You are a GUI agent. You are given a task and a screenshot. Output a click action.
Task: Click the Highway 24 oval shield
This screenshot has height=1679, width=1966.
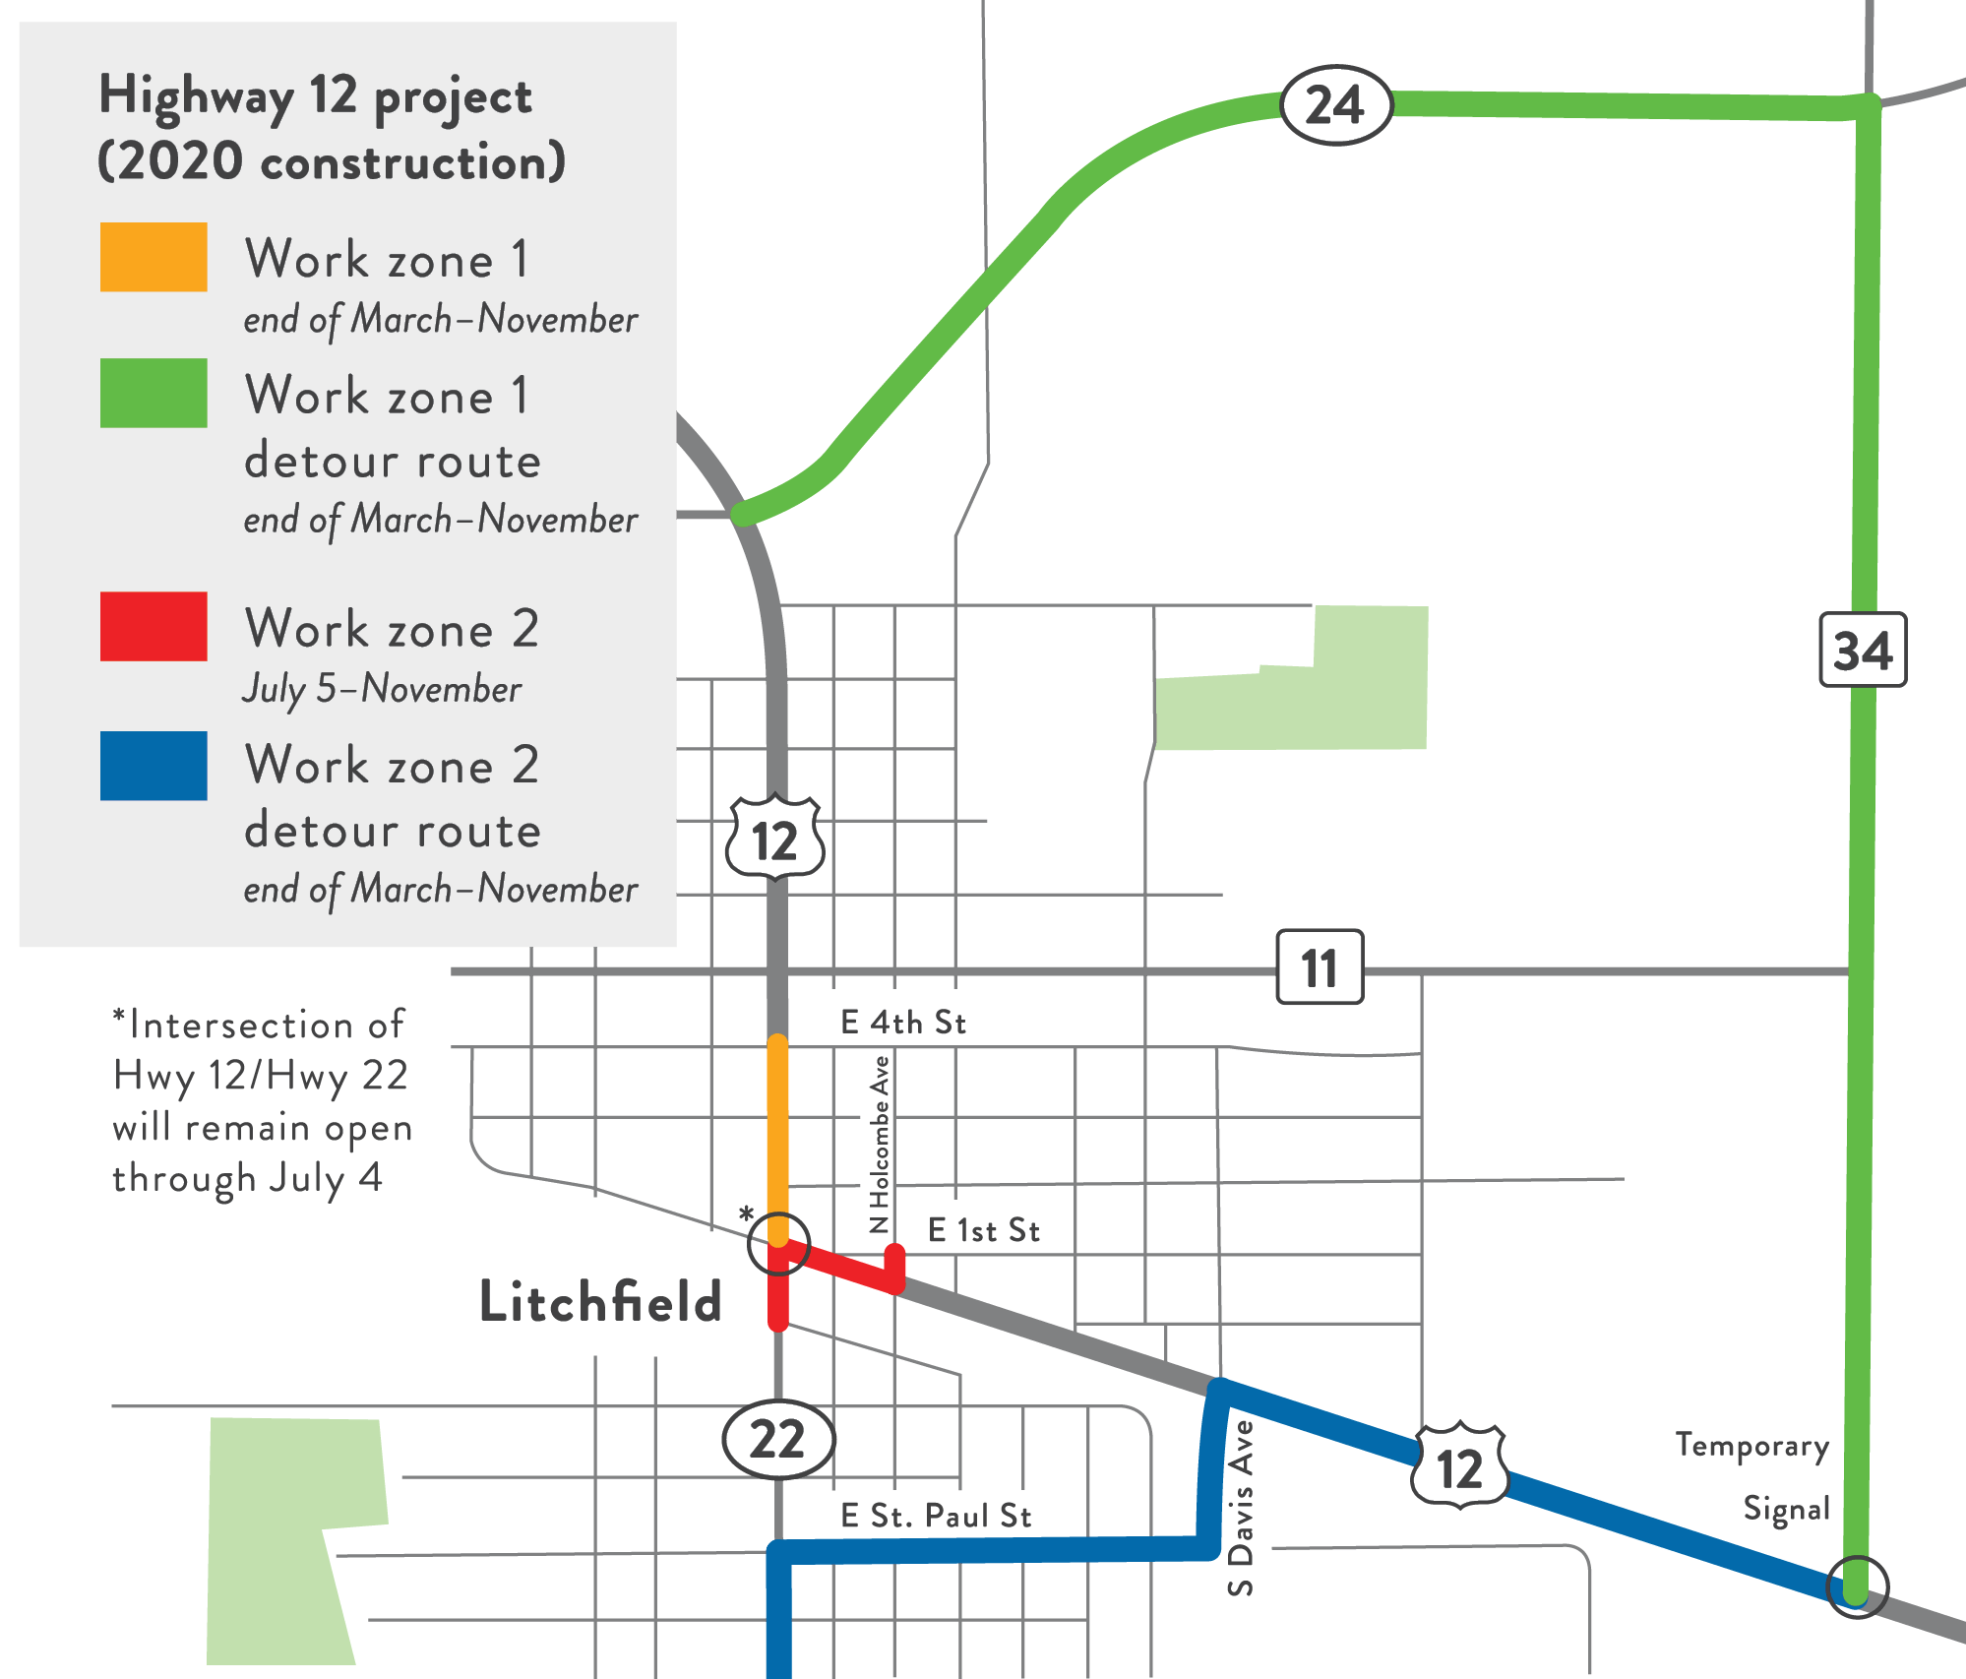(x=1335, y=105)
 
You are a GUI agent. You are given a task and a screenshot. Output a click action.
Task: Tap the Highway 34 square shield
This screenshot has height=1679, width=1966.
(x=1863, y=650)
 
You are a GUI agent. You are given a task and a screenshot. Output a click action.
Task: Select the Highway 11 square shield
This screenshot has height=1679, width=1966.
(x=1320, y=966)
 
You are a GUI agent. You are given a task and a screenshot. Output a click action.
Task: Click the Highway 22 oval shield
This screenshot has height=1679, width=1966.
(x=778, y=1439)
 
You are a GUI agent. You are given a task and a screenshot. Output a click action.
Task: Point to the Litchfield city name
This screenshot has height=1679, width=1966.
(x=600, y=1301)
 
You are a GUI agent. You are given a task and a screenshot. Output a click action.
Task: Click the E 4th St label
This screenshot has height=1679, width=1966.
(x=903, y=1023)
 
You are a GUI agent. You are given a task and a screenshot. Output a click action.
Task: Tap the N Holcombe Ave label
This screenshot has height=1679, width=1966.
(x=880, y=1145)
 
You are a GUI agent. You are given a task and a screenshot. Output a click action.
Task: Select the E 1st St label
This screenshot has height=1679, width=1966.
(x=984, y=1230)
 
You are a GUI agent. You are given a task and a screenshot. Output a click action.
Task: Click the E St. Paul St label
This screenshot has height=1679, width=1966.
(x=936, y=1516)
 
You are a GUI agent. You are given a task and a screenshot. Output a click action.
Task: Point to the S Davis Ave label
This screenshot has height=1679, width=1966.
(x=1242, y=1507)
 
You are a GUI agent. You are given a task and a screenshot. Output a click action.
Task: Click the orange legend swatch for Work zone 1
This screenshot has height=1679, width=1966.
(x=154, y=257)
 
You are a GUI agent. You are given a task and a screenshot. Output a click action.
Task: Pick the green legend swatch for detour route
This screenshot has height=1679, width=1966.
(x=154, y=393)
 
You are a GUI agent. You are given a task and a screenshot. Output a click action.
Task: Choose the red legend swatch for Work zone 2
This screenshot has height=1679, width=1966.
(x=154, y=626)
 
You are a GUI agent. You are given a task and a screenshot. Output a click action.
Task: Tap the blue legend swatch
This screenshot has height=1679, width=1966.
(x=154, y=766)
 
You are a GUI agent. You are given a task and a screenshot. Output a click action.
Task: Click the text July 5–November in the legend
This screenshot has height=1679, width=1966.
(x=382, y=689)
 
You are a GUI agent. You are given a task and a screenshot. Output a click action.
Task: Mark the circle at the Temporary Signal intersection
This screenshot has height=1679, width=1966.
(x=1857, y=1586)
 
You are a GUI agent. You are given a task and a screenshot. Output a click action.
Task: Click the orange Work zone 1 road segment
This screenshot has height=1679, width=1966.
(x=777, y=1132)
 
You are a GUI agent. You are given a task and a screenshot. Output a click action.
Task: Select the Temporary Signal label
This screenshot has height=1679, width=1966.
(x=1752, y=1476)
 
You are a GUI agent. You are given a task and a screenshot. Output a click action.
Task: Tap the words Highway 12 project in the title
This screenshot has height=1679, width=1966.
(x=315, y=97)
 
